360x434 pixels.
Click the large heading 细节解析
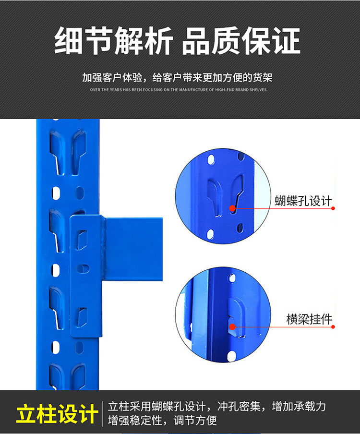tap(113, 41)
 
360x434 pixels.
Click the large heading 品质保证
tap(241, 41)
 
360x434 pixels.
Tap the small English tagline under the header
tap(178, 90)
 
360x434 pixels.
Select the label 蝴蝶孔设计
tap(303, 201)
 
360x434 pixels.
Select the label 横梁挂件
tap(309, 319)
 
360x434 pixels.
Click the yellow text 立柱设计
tap(57, 414)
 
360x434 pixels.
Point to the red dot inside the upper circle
tap(232, 208)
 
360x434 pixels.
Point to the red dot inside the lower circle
tap(232, 326)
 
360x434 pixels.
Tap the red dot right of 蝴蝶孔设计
tap(333, 208)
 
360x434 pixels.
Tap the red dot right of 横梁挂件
tap(333, 327)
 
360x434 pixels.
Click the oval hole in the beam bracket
tap(83, 268)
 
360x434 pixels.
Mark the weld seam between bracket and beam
tap(104, 249)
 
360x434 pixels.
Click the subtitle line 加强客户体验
tap(177, 77)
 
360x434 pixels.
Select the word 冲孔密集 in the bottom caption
tap(239, 406)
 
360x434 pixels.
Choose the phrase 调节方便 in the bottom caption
tap(195, 421)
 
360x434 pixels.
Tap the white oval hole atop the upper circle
tap(211, 159)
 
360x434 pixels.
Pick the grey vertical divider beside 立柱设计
tap(103, 414)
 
